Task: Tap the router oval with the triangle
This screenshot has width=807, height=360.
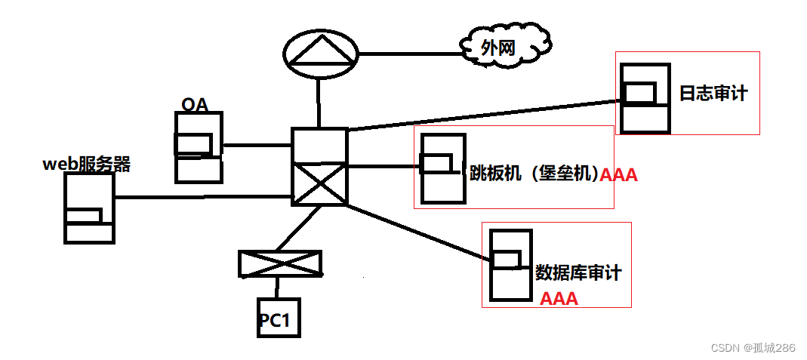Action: pos(319,52)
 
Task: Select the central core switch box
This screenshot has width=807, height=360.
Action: pos(319,166)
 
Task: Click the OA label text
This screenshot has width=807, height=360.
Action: pos(195,104)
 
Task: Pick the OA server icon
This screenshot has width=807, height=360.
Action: pos(199,147)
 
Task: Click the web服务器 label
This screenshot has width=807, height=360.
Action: pos(86,164)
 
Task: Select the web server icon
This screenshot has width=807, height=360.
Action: pos(89,208)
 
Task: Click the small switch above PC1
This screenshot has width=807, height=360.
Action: pos(279,263)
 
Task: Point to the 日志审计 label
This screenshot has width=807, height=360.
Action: pos(713,93)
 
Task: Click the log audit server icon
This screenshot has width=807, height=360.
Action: pos(645,98)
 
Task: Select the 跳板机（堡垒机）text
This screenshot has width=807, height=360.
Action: pos(534,174)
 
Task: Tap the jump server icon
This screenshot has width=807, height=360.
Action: pos(442,168)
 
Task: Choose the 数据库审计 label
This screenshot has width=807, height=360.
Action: pos(578,272)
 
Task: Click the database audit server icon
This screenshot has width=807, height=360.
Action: pos(511,264)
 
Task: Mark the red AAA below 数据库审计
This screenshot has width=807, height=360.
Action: pos(559,299)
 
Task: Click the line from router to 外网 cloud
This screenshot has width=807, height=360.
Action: pos(408,53)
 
